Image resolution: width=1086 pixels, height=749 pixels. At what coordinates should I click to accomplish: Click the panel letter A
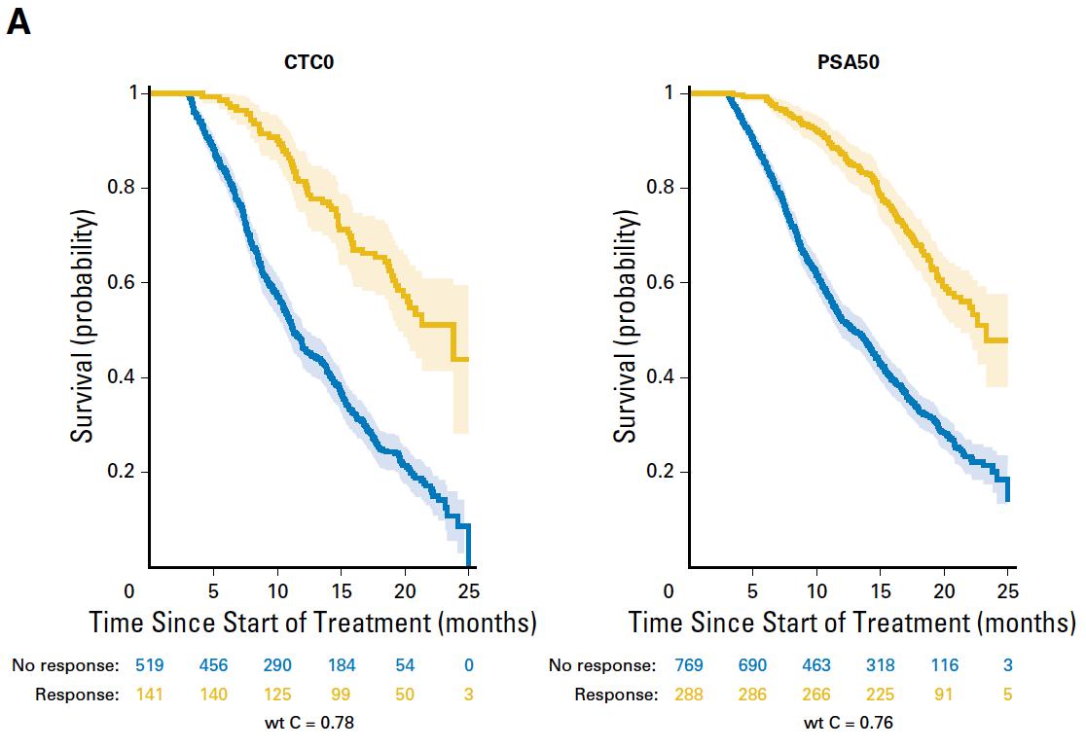point(18,22)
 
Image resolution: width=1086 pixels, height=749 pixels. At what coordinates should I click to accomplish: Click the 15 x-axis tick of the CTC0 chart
point(342,590)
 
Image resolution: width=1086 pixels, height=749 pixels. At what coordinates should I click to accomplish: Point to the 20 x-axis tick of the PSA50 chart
point(945,590)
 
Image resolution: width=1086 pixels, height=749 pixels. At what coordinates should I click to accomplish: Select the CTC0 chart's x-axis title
point(312,623)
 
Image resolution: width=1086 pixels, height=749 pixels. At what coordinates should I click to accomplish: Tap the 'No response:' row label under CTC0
point(65,666)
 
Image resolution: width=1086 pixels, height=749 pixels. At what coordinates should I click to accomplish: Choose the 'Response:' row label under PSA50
point(615,695)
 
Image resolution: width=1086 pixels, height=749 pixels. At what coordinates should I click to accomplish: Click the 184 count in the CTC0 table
point(342,666)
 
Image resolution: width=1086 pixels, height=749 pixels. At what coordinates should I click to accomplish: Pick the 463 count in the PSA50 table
point(816,666)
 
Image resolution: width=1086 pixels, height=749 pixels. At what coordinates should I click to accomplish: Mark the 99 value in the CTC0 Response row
point(342,695)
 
